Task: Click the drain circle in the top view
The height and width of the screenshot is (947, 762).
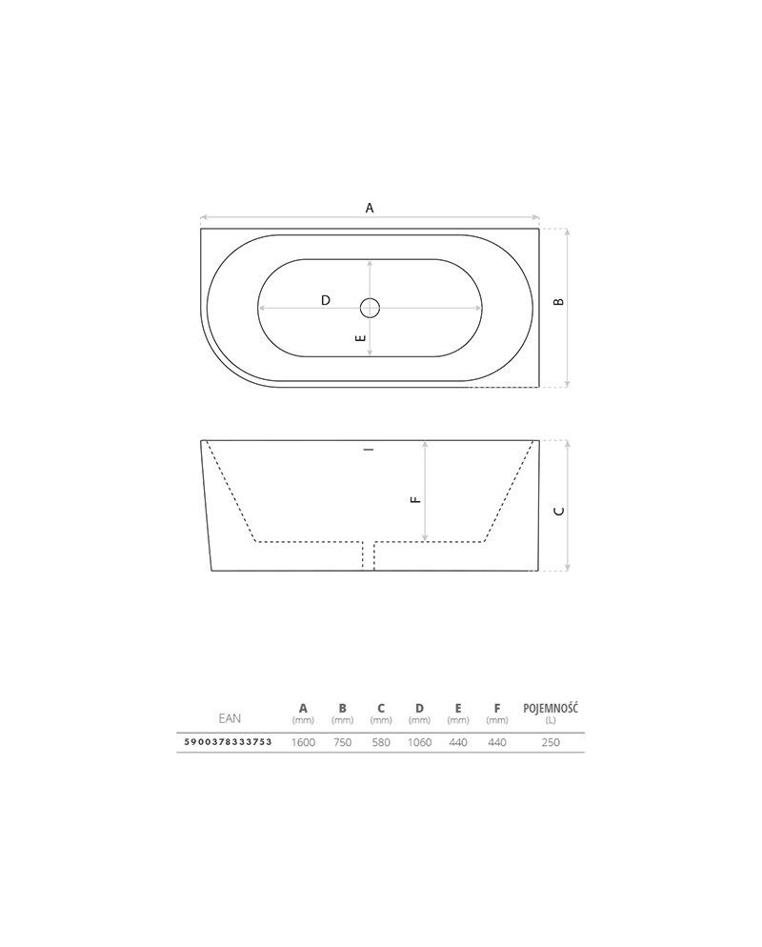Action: pos(370,308)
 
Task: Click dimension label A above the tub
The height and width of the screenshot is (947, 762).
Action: pos(370,208)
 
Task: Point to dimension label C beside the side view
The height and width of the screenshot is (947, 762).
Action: pos(559,511)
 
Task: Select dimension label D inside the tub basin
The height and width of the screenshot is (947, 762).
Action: pos(326,300)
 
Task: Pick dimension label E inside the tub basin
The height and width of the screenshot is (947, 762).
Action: pos(361,337)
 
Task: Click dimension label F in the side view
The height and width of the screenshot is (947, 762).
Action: pos(415,499)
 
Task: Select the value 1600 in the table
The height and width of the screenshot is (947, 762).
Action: pos(303,742)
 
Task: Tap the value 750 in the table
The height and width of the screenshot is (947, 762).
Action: pos(342,742)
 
